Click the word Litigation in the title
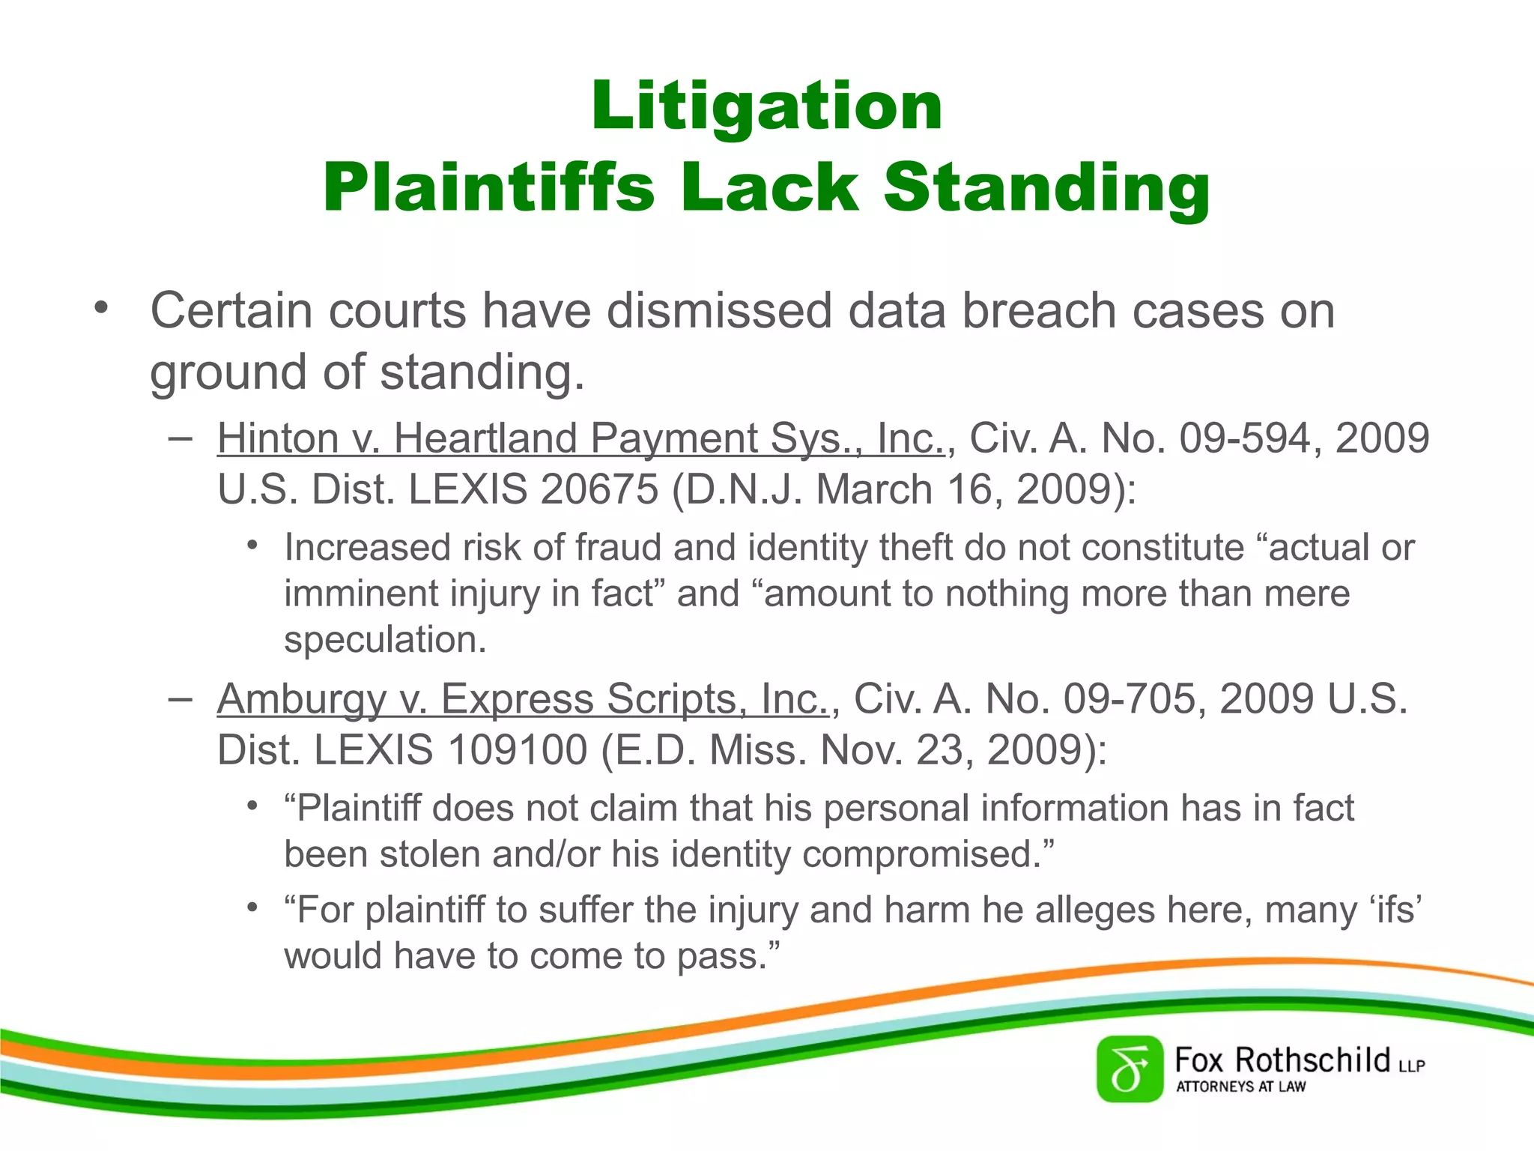click(766, 106)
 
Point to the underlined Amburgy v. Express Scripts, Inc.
click(523, 699)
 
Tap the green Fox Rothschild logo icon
click(1130, 1069)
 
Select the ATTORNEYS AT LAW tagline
click(1240, 1087)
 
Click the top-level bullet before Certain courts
click(101, 308)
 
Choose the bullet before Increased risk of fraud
click(253, 546)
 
